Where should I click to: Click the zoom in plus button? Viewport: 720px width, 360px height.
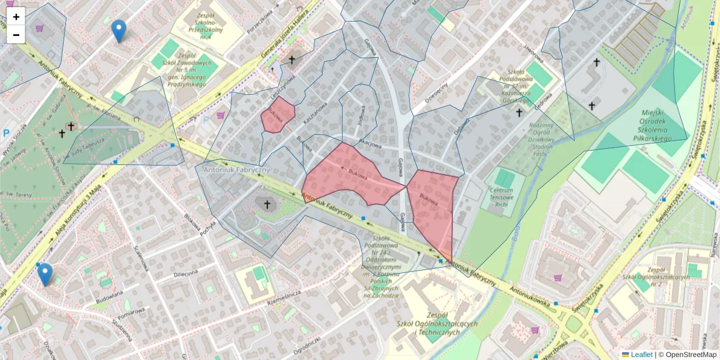pyautogui.click(x=16, y=17)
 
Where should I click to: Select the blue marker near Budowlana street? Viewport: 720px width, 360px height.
pyautogui.click(x=44, y=274)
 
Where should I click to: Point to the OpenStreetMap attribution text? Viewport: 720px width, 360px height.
pyautogui.click(x=690, y=355)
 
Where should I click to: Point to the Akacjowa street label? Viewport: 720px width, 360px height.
pyautogui.click(x=370, y=144)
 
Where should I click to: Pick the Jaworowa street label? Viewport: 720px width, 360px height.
pyautogui.click(x=532, y=54)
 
